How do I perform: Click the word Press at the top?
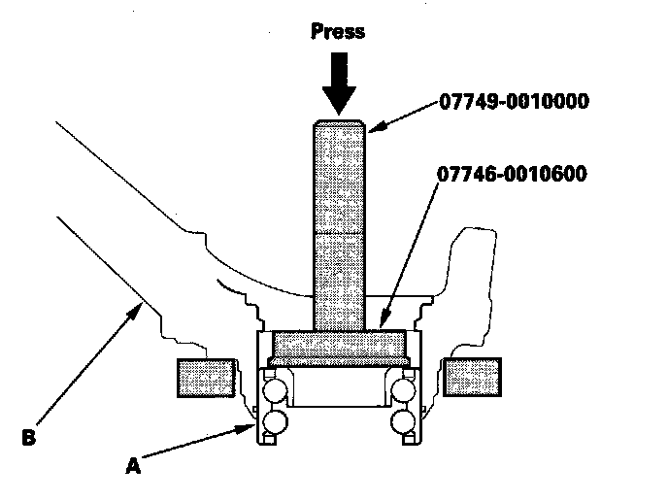(337, 31)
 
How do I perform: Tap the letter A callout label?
(133, 466)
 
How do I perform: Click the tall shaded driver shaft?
(338, 223)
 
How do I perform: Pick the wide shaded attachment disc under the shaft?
(338, 344)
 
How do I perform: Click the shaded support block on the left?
(207, 377)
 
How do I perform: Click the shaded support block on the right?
(471, 377)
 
